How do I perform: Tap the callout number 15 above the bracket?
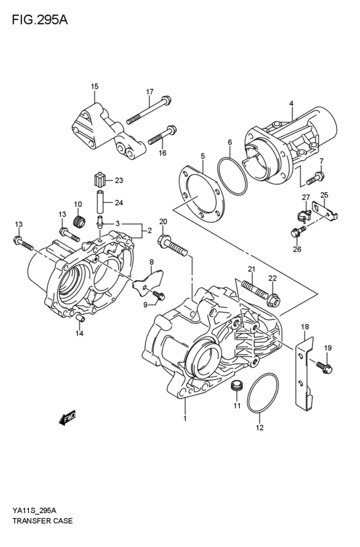[x=94, y=86]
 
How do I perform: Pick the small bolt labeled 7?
[x=315, y=175]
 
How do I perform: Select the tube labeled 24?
[x=100, y=203]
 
